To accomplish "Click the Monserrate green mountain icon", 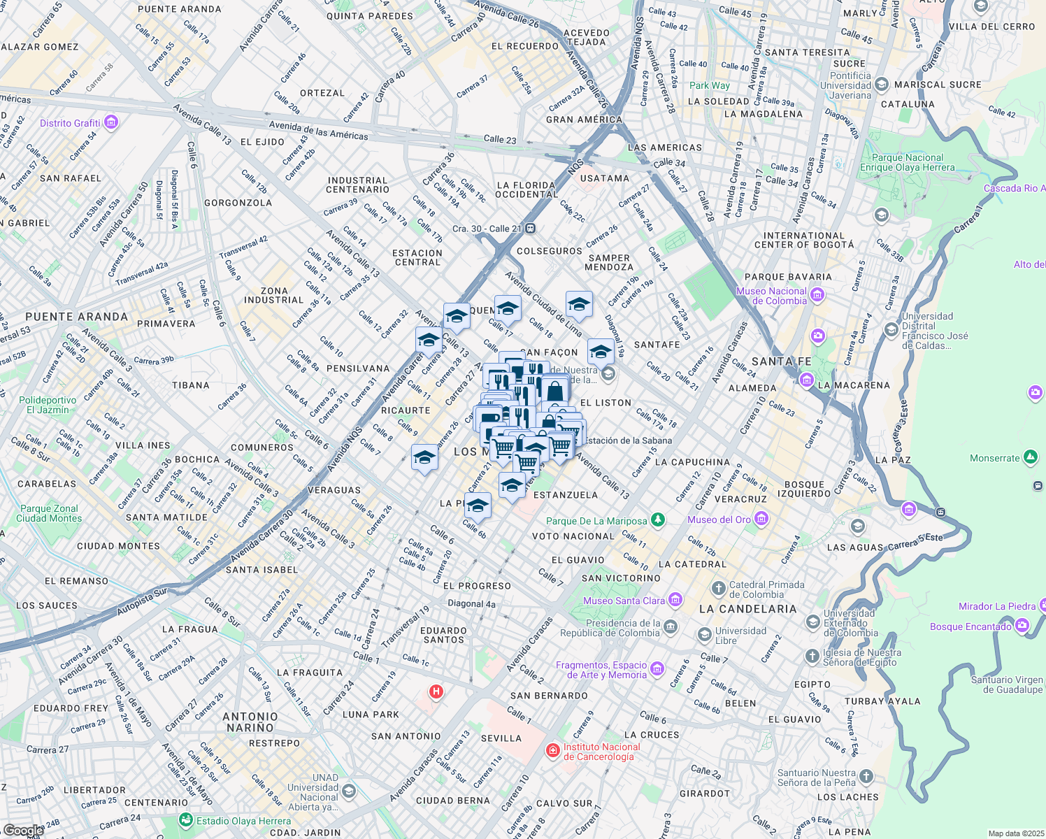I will click(1030, 458).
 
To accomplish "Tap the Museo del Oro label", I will click(719, 519).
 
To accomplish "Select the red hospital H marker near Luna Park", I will click(436, 692).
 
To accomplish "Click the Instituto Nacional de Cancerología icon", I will click(552, 751).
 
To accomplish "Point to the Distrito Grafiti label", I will click(70, 123).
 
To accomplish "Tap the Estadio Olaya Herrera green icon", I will click(186, 819).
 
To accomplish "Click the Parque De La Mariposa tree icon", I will click(657, 519).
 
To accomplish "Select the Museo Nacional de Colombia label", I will click(771, 296).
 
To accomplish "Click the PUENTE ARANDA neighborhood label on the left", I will click(76, 317).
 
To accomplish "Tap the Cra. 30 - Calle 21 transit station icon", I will click(531, 228).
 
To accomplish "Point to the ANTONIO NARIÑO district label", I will click(250, 722).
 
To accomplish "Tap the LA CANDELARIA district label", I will click(747, 609).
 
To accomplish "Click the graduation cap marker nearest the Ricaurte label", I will click(424, 459).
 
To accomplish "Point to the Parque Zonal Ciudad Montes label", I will click(49, 513).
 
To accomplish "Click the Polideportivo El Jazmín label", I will click(48, 405).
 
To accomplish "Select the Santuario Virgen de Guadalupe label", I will click(1006, 684).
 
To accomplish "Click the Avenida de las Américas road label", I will click(318, 131).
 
